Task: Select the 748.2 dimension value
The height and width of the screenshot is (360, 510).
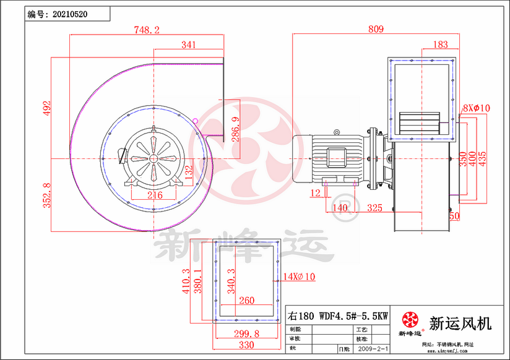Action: coord(147,29)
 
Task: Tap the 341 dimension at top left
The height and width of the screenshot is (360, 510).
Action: coord(189,45)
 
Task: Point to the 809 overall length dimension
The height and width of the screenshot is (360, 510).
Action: coord(376,29)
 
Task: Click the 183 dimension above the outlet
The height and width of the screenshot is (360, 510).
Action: coord(441,45)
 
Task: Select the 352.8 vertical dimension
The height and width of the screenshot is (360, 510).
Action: coord(45,195)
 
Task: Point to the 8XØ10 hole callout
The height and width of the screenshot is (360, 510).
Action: coord(477,108)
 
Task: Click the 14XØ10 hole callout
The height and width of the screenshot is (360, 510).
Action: coord(299,277)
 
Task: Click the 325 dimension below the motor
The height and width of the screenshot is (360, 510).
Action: coord(374,208)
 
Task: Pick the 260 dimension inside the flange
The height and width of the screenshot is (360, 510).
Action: coord(246,301)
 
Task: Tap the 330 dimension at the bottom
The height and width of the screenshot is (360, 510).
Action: coord(247,345)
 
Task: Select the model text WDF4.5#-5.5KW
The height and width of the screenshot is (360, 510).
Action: coord(353,315)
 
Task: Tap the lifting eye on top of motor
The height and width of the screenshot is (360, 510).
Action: coord(337,132)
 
